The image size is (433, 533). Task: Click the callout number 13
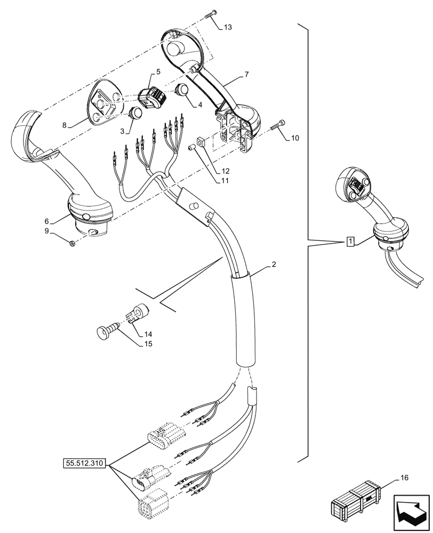pyautogui.click(x=228, y=27)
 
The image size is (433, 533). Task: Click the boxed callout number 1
pyautogui.click(x=349, y=242)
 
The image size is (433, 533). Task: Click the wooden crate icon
pyautogui.click(x=356, y=503)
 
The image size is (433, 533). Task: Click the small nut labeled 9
pyautogui.click(x=73, y=244)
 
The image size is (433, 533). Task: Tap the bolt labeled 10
pyautogui.click(x=278, y=126)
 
